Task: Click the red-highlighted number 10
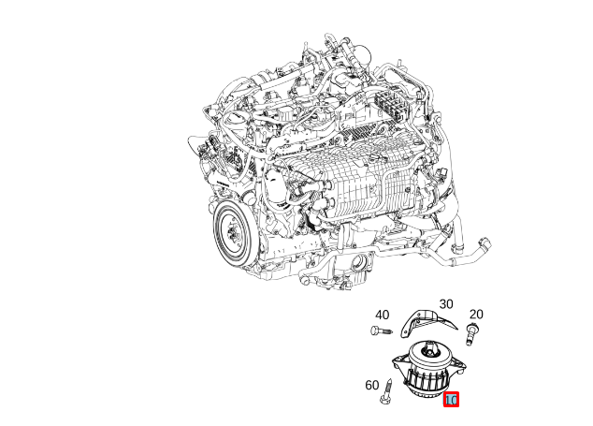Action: pos(451,400)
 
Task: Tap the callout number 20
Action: pos(475,314)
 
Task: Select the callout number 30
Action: pos(445,304)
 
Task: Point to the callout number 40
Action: pos(382,315)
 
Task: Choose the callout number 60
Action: pos(371,385)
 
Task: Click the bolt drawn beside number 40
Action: pos(380,331)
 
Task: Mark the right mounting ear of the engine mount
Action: pos(459,374)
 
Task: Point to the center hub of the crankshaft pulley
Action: pos(229,229)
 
